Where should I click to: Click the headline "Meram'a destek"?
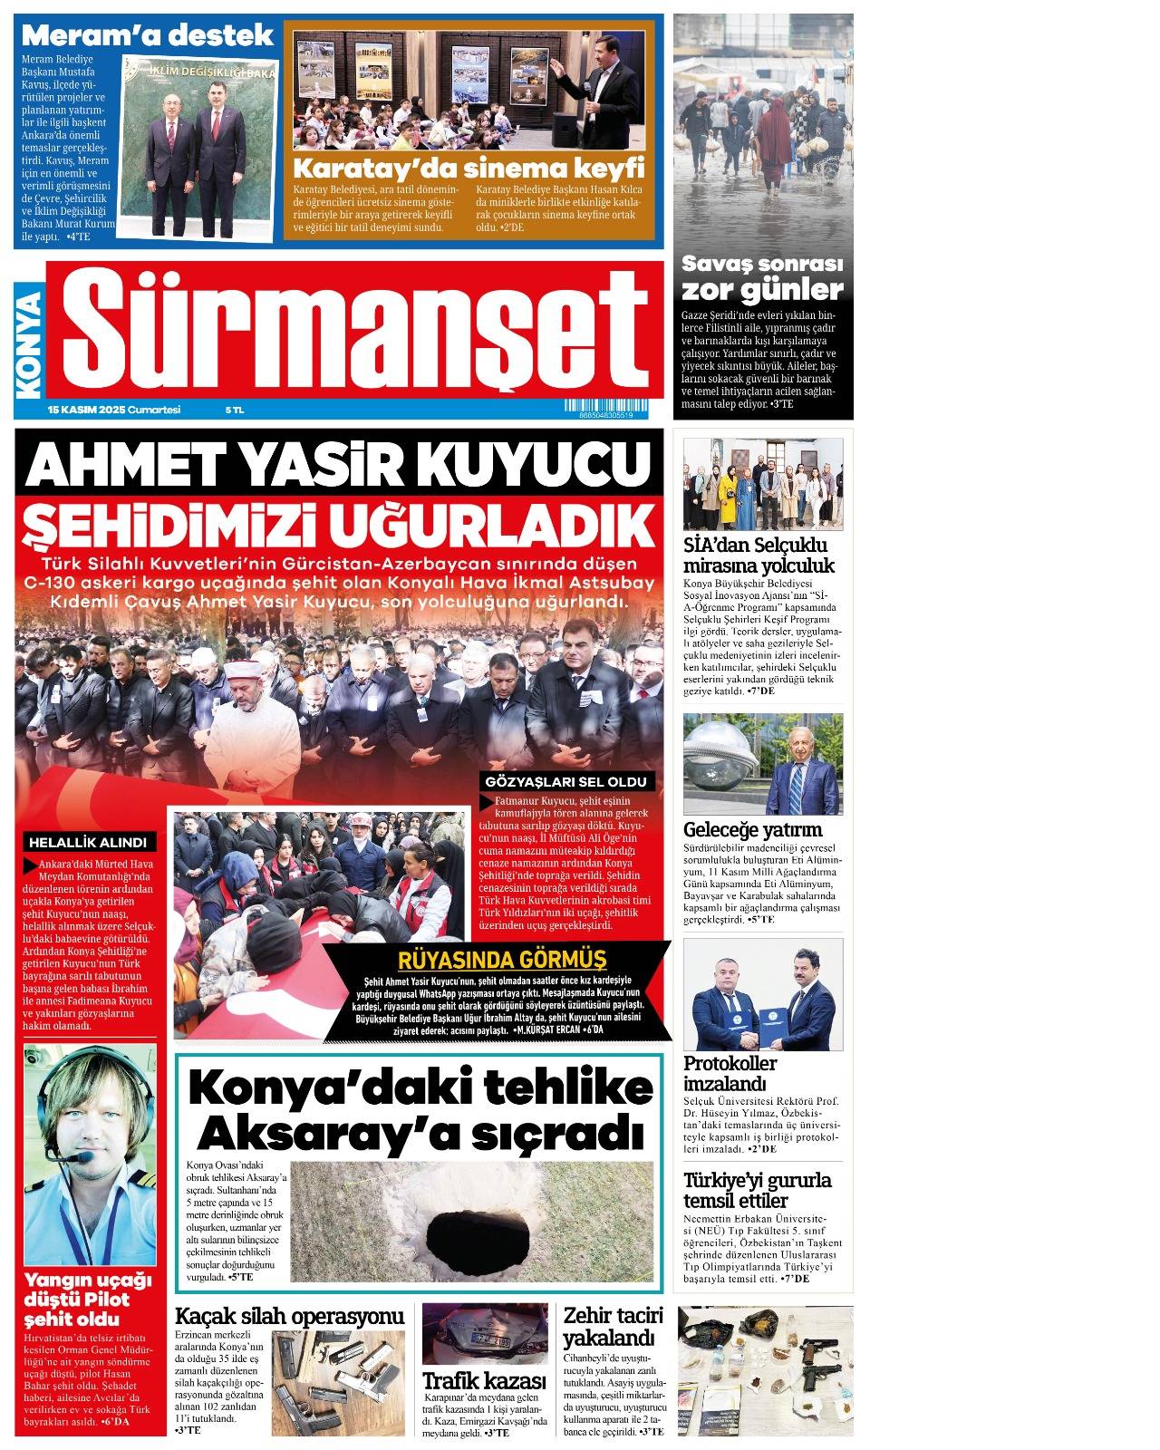pos(147,35)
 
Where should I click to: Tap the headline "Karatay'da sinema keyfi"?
pos(469,169)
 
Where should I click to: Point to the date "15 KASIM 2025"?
pos(86,410)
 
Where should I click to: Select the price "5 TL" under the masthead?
pos(235,410)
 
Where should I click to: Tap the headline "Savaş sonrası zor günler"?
pos(762,277)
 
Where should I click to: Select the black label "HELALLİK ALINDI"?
pos(87,842)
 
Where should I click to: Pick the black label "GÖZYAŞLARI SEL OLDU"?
pos(565,781)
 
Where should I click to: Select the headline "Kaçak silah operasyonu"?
pos(289,1316)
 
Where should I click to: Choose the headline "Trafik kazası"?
pos(484,1380)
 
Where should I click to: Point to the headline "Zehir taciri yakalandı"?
pos(614,1326)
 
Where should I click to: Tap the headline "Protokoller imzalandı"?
pos(730,1073)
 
